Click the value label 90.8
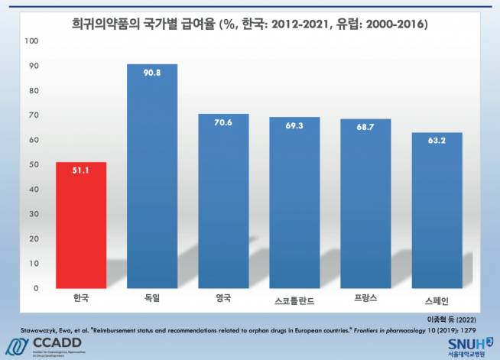pyautogui.click(x=151, y=74)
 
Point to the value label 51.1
pyautogui.click(x=80, y=171)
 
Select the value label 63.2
pyautogui.click(x=437, y=142)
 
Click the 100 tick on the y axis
pyautogui.click(x=31, y=41)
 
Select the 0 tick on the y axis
pyautogui.click(x=35, y=288)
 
